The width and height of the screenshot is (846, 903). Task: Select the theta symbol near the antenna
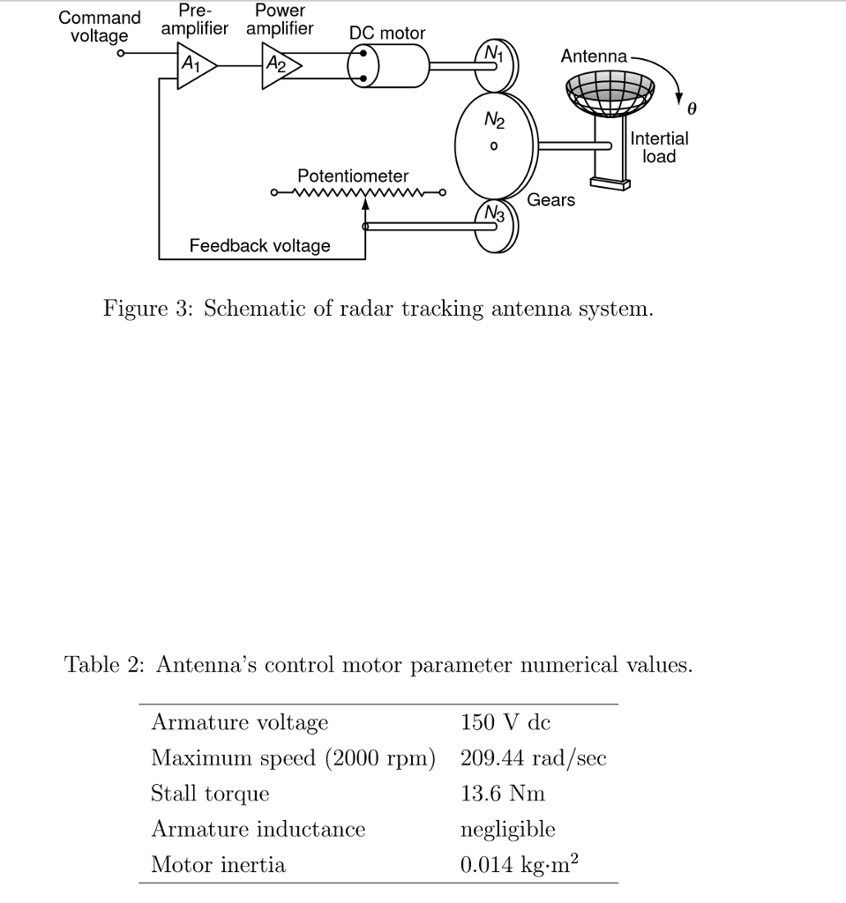coord(692,109)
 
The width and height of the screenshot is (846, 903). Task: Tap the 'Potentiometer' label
coord(353,175)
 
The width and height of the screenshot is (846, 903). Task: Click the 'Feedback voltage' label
coord(260,246)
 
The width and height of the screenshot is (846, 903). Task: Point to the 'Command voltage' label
coord(99,26)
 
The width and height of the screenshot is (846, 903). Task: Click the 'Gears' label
coord(551,200)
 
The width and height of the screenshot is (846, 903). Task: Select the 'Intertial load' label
coord(660,147)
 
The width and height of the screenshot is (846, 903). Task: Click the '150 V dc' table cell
coord(505,723)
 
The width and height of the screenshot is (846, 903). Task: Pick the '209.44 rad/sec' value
coord(533,758)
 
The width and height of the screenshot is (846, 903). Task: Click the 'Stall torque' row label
coord(210,794)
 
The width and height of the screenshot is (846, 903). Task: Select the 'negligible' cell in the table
coord(507,829)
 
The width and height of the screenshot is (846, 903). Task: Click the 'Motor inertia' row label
coord(218,865)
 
